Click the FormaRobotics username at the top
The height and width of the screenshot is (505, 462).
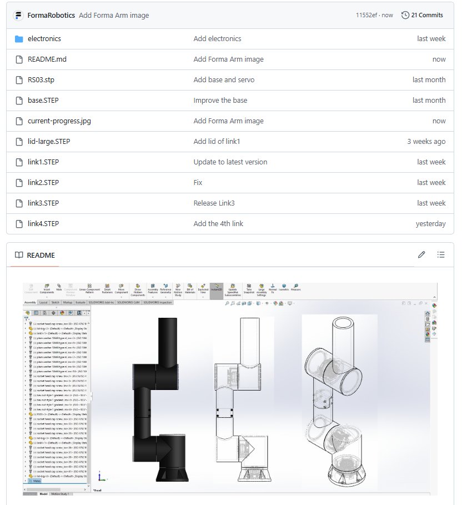(51, 15)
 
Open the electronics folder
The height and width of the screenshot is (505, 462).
(44, 39)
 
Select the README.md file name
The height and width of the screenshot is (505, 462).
(47, 59)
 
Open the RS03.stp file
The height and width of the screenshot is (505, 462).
(41, 80)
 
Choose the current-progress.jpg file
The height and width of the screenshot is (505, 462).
(60, 121)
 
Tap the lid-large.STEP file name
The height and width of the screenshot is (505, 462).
(49, 142)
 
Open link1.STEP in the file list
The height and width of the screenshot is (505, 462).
(43, 162)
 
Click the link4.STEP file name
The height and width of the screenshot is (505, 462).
(43, 224)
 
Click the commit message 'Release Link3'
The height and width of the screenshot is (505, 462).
(214, 203)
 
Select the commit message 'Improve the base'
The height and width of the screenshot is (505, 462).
(220, 101)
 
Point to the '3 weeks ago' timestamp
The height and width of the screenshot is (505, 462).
(426, 142)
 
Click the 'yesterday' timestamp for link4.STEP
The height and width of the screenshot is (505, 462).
(430, 224)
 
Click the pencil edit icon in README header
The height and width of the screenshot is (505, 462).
(421, 255)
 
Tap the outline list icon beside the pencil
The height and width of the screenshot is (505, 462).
(441, 255)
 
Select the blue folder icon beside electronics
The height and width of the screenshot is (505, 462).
(19, 39)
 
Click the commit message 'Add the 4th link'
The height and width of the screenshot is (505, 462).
(218, 224)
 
